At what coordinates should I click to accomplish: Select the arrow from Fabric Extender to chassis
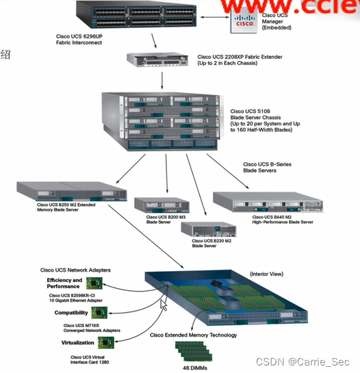point(162,79)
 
